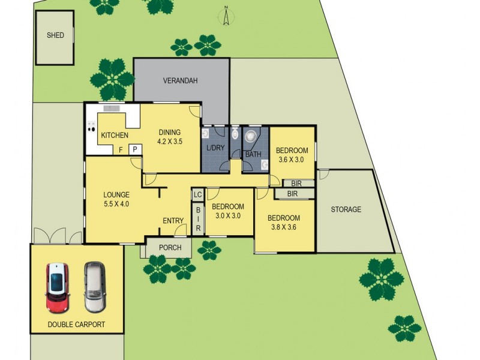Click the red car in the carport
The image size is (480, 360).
coord(56,287)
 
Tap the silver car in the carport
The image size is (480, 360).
coord(94,287)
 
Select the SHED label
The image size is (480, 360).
coord(55,35)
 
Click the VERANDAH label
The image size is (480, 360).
coord(181,80)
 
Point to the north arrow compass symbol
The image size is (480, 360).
coord(226,16)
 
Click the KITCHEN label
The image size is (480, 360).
coord(114,135)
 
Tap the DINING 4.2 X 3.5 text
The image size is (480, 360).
coord(169,137)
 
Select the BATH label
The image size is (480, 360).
coord(253,154)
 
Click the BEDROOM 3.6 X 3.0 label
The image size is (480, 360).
coord(292,154)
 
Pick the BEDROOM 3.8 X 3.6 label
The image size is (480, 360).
coord(284,223)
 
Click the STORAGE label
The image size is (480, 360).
coord(346,209)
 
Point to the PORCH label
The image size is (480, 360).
coord(170,248)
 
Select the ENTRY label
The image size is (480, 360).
coord(173,221)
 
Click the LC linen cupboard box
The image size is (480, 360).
coord(197,194)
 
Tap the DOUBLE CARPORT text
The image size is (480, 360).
coord(76,325)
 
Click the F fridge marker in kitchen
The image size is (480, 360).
coord(121,149)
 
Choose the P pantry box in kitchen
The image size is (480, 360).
coord(135,149)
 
